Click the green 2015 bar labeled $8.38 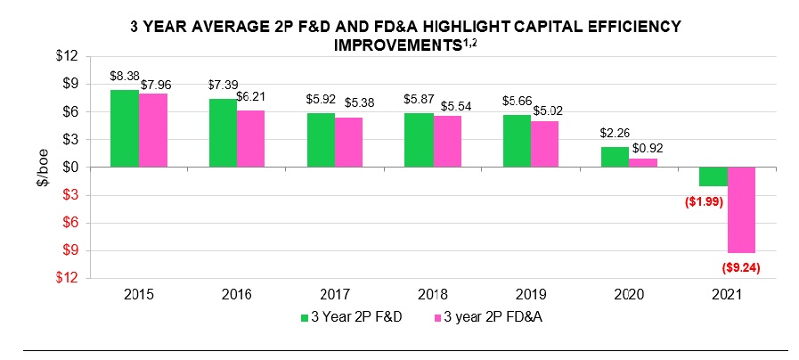125,128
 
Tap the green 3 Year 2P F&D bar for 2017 321,140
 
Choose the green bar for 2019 517,141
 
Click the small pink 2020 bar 643,162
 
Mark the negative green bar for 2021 713,176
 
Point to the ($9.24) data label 741,266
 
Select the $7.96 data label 157,86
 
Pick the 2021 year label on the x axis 727,292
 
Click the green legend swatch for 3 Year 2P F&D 305,316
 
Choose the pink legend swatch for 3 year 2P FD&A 435,316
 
